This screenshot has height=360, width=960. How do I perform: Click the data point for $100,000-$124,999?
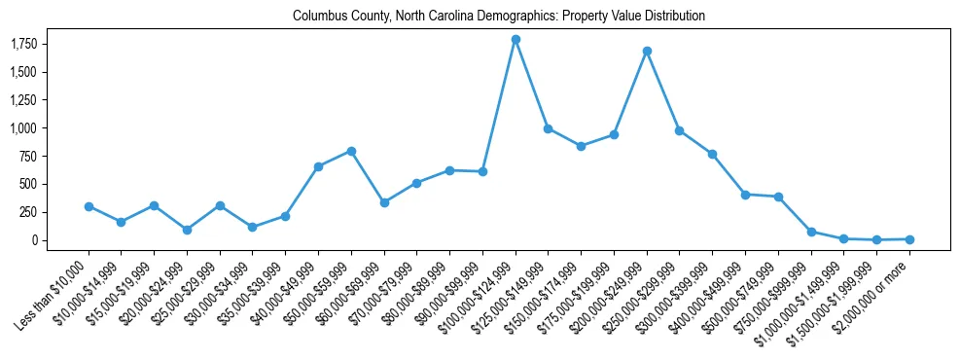[x=516, y=39]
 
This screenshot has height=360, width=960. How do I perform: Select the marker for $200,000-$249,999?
[x=647, y=51]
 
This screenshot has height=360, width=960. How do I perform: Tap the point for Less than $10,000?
[x=89, y=206]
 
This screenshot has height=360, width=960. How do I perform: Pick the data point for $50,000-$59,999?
[x=351, y=151]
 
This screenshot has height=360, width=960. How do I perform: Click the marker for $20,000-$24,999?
[x=187, y=230]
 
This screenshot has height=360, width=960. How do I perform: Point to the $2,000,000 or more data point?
[x=909, y=238]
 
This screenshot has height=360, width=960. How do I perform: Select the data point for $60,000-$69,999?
[x=384, y=202]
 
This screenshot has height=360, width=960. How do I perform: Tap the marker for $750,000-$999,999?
[x=811, y=232]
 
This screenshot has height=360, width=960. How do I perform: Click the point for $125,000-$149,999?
[x=549, y=128]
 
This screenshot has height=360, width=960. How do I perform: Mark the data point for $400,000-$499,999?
[x=745, y=195]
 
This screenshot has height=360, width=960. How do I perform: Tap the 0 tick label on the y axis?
[x=32, y=240]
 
